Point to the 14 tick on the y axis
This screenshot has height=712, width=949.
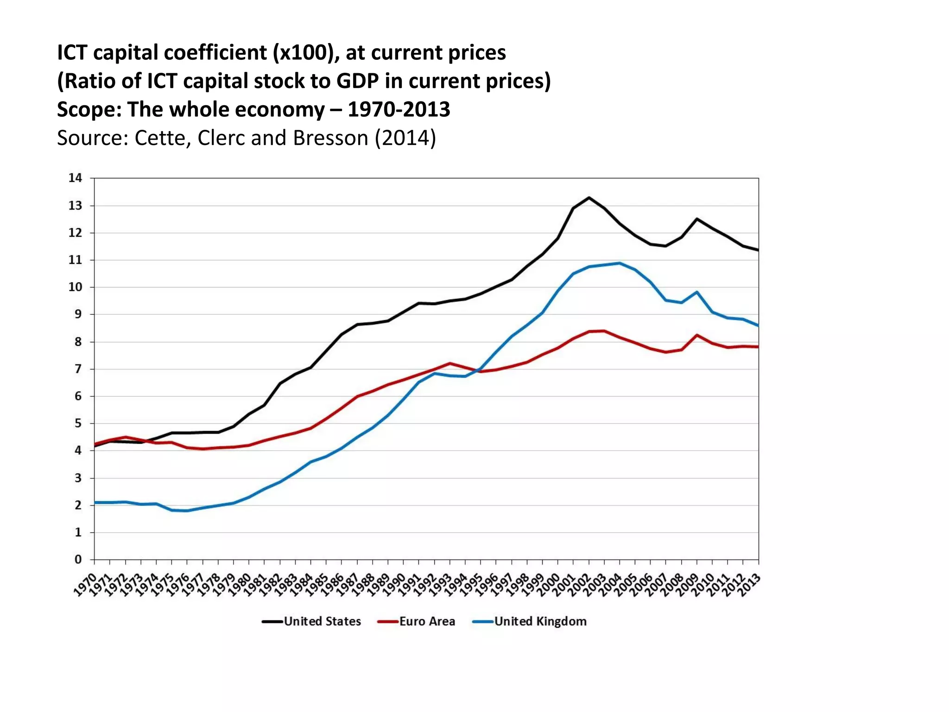pos(75,178)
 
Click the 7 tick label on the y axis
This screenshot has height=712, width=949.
pos(78,369)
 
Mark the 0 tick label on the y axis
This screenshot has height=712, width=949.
pos(78,559)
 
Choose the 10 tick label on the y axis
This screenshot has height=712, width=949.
pos(75,287)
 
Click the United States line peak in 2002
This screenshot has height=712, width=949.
pos(589,198)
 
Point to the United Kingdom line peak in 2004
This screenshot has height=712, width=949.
pos(620,263)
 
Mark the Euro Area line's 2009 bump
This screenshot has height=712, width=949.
pos(697,335)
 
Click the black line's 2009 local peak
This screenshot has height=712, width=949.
pos(697,219)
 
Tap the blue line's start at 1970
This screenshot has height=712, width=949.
pos(95,502)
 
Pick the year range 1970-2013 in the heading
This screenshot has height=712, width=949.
pos(399,110)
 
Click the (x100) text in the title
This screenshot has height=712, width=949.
pos(303,52)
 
